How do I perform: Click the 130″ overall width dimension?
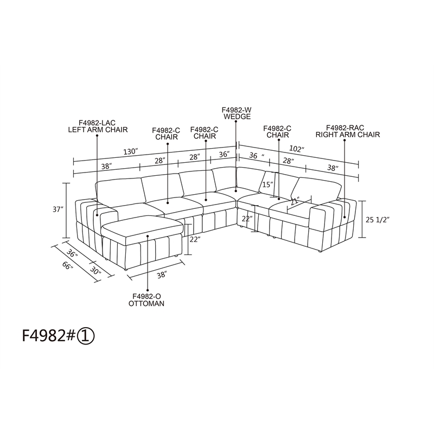tap(131, 152)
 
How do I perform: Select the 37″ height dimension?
tap(58, 209)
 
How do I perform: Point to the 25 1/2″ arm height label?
tap(378, 220)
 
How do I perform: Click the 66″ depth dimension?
tap(68, 265)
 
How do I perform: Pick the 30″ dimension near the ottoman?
tap(95, 270)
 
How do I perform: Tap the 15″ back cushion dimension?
tap(267, 184)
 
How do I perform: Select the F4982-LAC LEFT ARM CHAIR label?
tap(98, 126)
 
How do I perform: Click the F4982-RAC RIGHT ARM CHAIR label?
tap(348, 131)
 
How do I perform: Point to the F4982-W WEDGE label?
tap(237, 113)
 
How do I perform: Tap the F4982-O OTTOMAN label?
tap(146, 300)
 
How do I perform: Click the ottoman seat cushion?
tap(142, 226)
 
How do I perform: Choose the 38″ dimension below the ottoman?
tap(161, 275)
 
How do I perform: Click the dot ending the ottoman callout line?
tap(148, 236)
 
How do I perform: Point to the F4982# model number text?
tap(49, 336)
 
